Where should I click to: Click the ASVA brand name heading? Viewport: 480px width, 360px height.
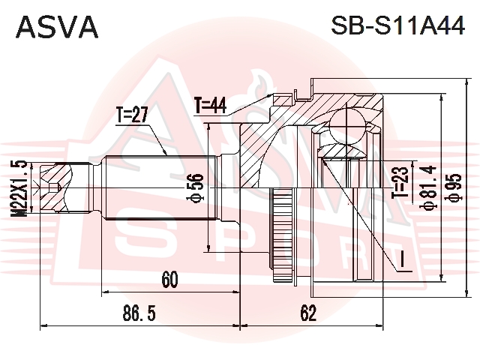coord(57,27)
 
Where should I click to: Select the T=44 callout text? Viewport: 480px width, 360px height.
coord(211,106)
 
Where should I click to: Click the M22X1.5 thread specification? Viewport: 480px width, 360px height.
coord(19,189)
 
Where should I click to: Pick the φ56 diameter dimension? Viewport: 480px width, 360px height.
coord(195,187)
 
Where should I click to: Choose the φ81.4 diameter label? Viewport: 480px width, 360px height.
coord(427,187)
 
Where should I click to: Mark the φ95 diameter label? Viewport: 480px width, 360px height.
coord(454,187)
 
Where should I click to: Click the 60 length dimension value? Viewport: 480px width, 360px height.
coord(170,280)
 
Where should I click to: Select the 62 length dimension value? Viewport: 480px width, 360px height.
coord(308,313)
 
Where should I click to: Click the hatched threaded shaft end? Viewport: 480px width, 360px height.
coord(56,188)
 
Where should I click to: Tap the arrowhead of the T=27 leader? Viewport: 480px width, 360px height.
coord(165,153)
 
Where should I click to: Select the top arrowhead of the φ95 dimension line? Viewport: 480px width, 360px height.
coord(466,82)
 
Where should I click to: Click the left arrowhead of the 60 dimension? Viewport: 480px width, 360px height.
coord(105,292)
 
